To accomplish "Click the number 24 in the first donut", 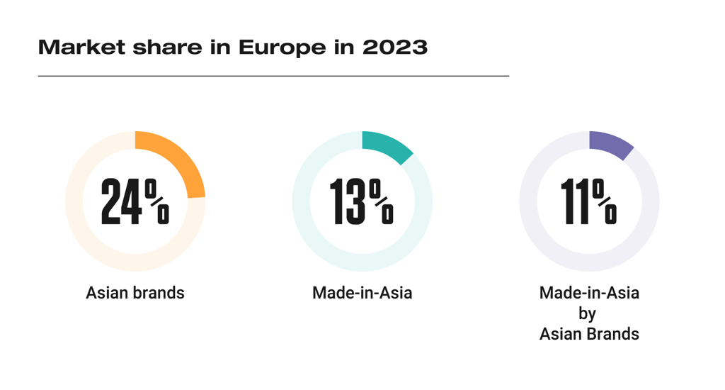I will click(122, 202).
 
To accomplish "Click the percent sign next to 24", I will click(157, 201).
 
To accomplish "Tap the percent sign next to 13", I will click(382, 201).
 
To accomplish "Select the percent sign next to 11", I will click(606, 201).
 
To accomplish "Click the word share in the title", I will click(164, 48).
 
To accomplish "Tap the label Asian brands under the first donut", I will click(135, 292).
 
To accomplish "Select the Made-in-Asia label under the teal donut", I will click(362, 292).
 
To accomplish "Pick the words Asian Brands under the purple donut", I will click(589, 333).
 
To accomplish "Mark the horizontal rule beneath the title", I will click(273, 75).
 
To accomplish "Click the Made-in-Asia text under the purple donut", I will click(589, 292).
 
